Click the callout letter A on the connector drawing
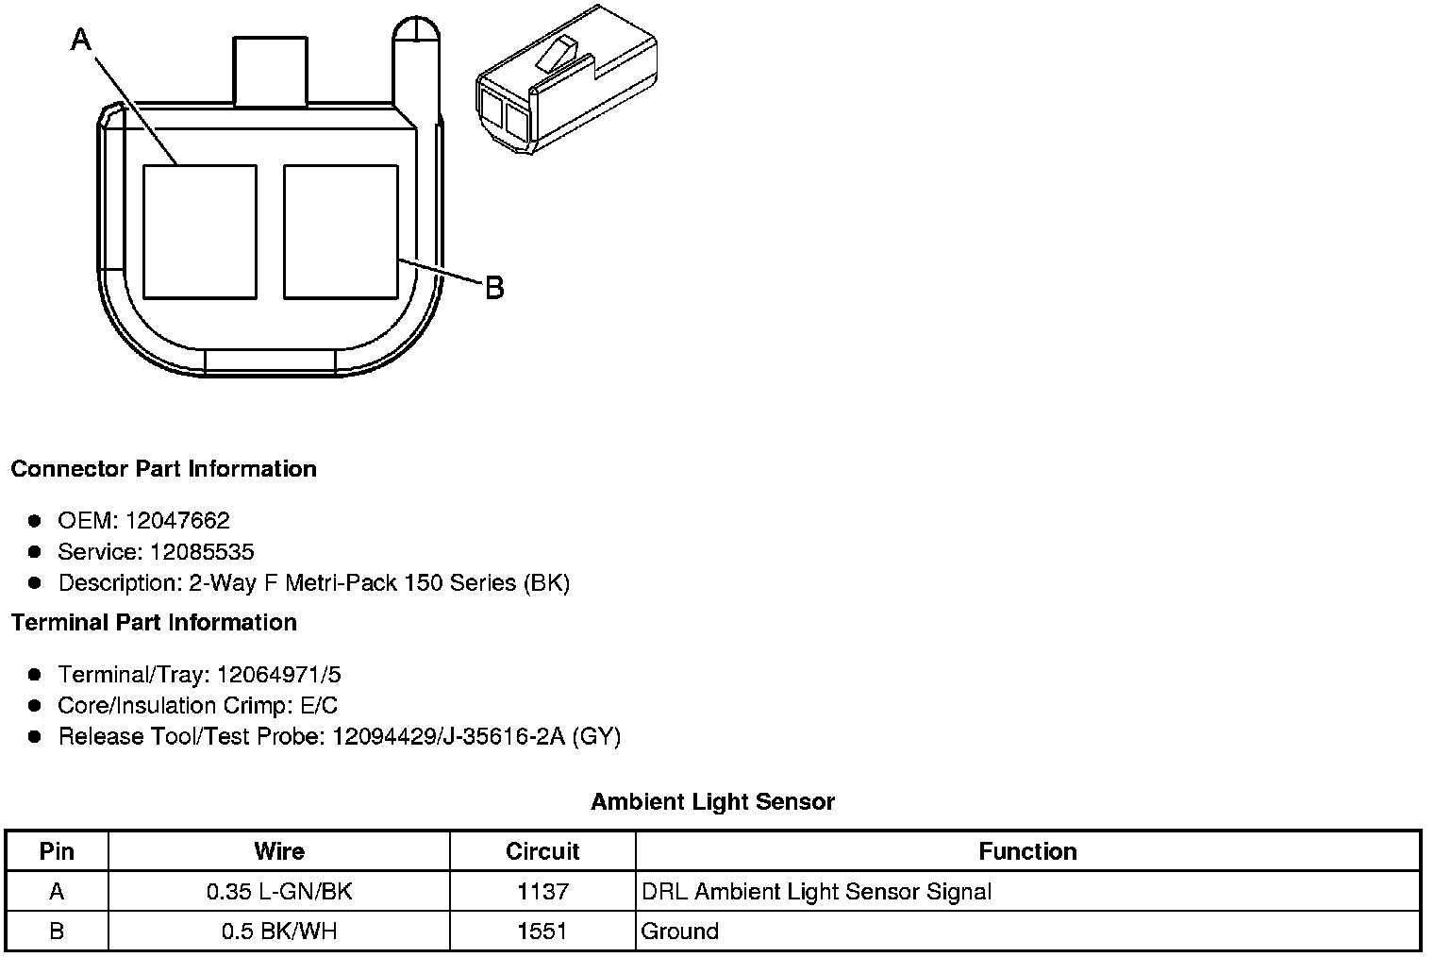pos(81,40)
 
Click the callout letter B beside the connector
pos(494,288)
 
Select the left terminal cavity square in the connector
pos(199,231)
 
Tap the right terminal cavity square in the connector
pos(340,231)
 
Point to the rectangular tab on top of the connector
pos(270,71)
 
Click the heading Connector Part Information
pos(163,469)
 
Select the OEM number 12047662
pos(177,520)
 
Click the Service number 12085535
pos(202,551)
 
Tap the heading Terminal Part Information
pos(154,623)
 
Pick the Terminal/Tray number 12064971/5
pos(278,675)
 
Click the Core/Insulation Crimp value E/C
pos(316,705)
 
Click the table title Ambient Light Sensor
pos(712,802)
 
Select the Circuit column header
pos(542,851)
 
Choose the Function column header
pos(1027,851)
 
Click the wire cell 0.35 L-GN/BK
pos(279,892)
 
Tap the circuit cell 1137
pos(542,892)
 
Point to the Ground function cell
pos(679,932)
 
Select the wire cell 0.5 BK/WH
pos(279,932)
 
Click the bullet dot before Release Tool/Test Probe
pos(35,736)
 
